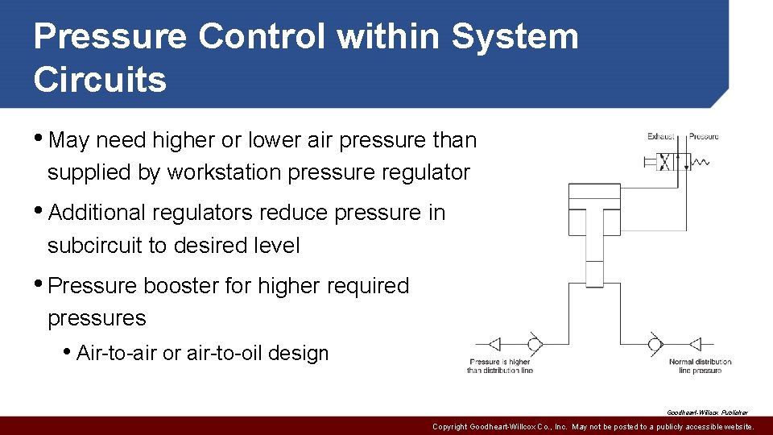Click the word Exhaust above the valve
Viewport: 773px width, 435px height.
click(x=660, y=137)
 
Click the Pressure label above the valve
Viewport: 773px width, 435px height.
click(x=704, y=137)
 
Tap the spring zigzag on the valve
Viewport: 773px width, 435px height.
click(x=701, y=162)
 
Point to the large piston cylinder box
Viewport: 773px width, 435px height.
click(x=594, y=197)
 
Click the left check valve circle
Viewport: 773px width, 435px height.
click(x=534, y=345)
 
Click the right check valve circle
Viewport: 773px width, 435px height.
click(x=655, y=345)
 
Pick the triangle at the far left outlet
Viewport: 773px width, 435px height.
click(x=495, y=345)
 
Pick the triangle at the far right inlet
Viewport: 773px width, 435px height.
click(x=694, y=345)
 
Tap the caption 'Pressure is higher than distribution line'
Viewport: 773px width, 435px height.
click(x=500, y=367)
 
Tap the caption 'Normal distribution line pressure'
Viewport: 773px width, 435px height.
click(x=700, y=367)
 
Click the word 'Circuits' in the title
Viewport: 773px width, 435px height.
click(x=100, y=80)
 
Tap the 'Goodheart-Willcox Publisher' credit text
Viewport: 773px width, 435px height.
click(x=707, y=412)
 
